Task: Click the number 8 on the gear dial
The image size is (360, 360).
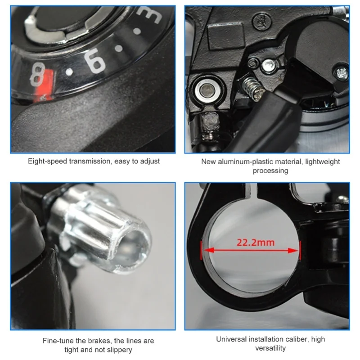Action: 37,74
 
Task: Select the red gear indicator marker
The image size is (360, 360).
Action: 44,86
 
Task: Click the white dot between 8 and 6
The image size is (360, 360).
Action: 69,72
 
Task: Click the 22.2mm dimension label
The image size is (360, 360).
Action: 256,243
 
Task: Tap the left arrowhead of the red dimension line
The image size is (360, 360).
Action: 208,250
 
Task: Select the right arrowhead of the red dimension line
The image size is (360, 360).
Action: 293,250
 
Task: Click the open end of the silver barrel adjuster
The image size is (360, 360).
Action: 134,250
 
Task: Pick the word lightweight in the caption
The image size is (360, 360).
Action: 322,162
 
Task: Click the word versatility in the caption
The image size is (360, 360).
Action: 270,348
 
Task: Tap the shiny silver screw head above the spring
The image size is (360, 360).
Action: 269,65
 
